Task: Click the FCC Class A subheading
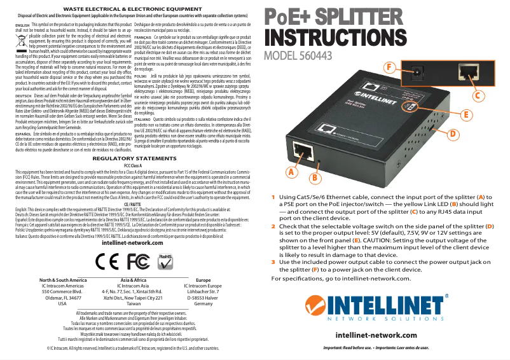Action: [x=132, y=165]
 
